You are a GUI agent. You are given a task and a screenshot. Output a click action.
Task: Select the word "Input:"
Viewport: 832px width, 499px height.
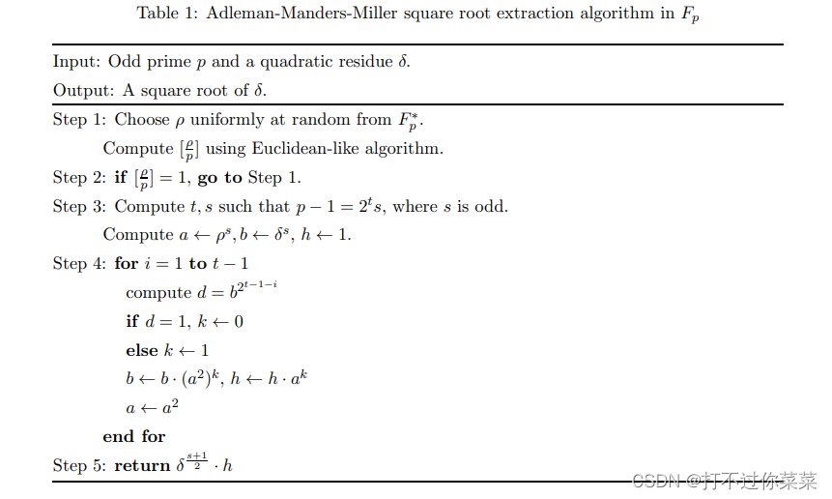pos(76,62)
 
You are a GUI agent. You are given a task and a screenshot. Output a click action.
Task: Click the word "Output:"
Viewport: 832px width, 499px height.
pos(82,91)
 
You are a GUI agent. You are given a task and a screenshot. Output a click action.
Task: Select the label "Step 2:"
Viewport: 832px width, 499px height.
pos(80,178)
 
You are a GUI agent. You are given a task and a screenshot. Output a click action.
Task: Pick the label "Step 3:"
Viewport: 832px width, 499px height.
pos(80,207)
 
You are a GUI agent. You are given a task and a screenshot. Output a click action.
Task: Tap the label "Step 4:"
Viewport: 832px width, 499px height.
pos(80,264)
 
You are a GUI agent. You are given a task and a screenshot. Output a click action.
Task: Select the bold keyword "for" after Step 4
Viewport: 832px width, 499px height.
pos(127,264)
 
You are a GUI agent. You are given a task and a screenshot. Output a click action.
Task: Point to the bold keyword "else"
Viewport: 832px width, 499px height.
pos(141,350)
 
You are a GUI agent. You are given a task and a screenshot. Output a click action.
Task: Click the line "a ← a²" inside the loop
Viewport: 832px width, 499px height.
pos(152,407)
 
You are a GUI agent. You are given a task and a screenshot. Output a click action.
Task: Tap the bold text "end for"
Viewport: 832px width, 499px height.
pos(134,436)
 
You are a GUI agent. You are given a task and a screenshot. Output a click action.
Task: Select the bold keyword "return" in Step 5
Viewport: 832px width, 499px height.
pos(142,466)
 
